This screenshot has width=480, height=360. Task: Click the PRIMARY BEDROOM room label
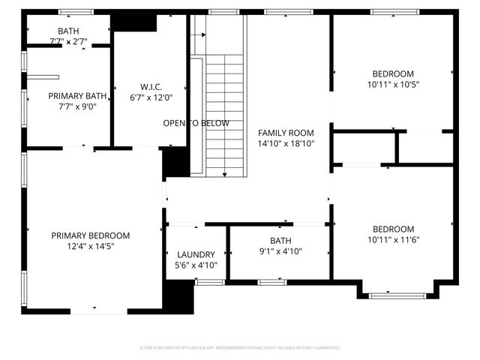tap(90, 235)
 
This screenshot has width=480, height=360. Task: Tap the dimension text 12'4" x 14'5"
tap(90, 246)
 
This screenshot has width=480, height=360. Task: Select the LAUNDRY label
tap(196, 255)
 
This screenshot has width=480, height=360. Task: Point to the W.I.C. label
tap(151, 85)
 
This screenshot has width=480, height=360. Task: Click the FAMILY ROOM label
tap(286, 132)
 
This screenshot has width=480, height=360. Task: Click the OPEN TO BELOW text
tap(196, 123)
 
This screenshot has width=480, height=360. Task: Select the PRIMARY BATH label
tap(77, 96)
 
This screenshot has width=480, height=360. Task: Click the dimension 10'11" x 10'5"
tap(393, 84)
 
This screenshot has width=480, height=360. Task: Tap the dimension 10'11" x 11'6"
tap(393, 240)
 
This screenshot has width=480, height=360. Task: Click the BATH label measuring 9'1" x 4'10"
tap(280, 241)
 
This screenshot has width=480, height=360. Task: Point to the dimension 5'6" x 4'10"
tap(196, 265)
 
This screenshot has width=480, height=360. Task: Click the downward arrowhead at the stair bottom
tap(225, 174)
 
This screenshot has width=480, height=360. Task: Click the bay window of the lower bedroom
tap(397, 295)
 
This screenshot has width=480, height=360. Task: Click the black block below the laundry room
tap(178, 297)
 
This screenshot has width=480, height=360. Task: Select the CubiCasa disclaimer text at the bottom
tap(240, 348)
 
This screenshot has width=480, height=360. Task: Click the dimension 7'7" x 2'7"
tap(68, 41)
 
